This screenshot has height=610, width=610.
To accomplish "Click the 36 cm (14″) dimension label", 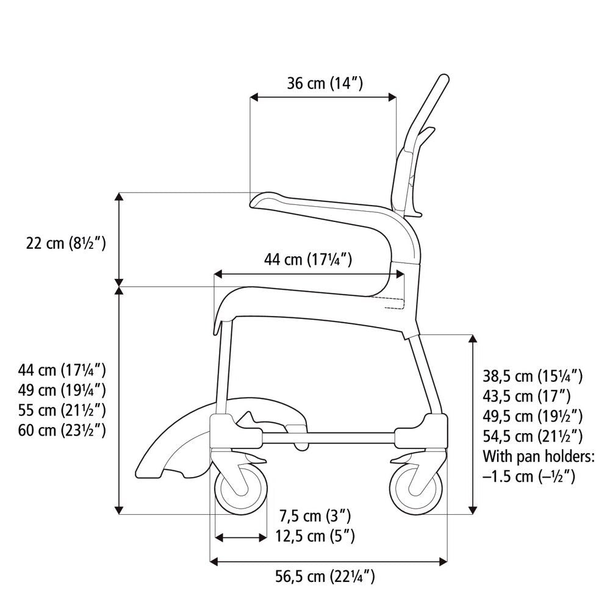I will [x=325, y=84].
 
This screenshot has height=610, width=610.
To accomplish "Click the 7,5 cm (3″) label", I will [x=315, y=517].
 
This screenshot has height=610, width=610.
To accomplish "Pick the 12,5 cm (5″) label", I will [x=315, y=536].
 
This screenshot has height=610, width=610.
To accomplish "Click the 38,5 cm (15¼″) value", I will [x=532, y=376].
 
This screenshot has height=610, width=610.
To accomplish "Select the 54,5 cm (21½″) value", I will [x=532, y=436].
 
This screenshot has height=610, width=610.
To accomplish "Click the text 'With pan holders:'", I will [x=538, y=456].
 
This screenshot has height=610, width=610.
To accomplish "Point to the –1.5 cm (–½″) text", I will [x=529, y=476].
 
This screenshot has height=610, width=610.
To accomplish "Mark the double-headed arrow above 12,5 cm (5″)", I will [x=241, y=537].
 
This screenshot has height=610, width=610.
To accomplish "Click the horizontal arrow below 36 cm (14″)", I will [x=323, y=96].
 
